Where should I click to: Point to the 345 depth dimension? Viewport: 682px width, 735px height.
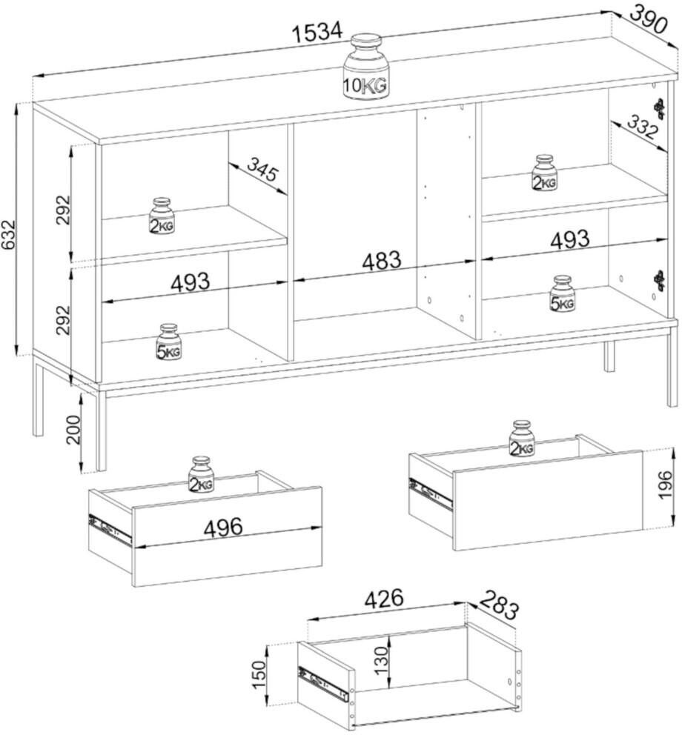click(262, 170)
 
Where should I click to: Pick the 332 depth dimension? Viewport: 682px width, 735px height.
click(642, 127)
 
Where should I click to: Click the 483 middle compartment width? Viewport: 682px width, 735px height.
click(382, 261)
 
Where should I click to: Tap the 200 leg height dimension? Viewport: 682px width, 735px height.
click(73, 430)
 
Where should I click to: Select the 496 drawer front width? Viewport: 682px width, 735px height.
click(223, 527)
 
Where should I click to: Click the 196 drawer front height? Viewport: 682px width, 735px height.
click(666, 486)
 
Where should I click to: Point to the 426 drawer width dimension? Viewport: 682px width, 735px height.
click(384, 599)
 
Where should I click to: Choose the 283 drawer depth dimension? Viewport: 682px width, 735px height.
click(499, 605)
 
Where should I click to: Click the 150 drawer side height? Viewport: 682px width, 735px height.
click(259, 674)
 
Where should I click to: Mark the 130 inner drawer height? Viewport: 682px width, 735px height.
click(383, 659)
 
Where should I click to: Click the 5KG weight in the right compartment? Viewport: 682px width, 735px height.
click(562, 294)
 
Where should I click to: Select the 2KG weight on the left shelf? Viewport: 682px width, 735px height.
click(162, 215)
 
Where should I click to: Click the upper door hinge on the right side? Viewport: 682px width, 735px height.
click(661, 108)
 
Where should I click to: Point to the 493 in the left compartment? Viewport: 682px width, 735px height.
click(191, 282)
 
